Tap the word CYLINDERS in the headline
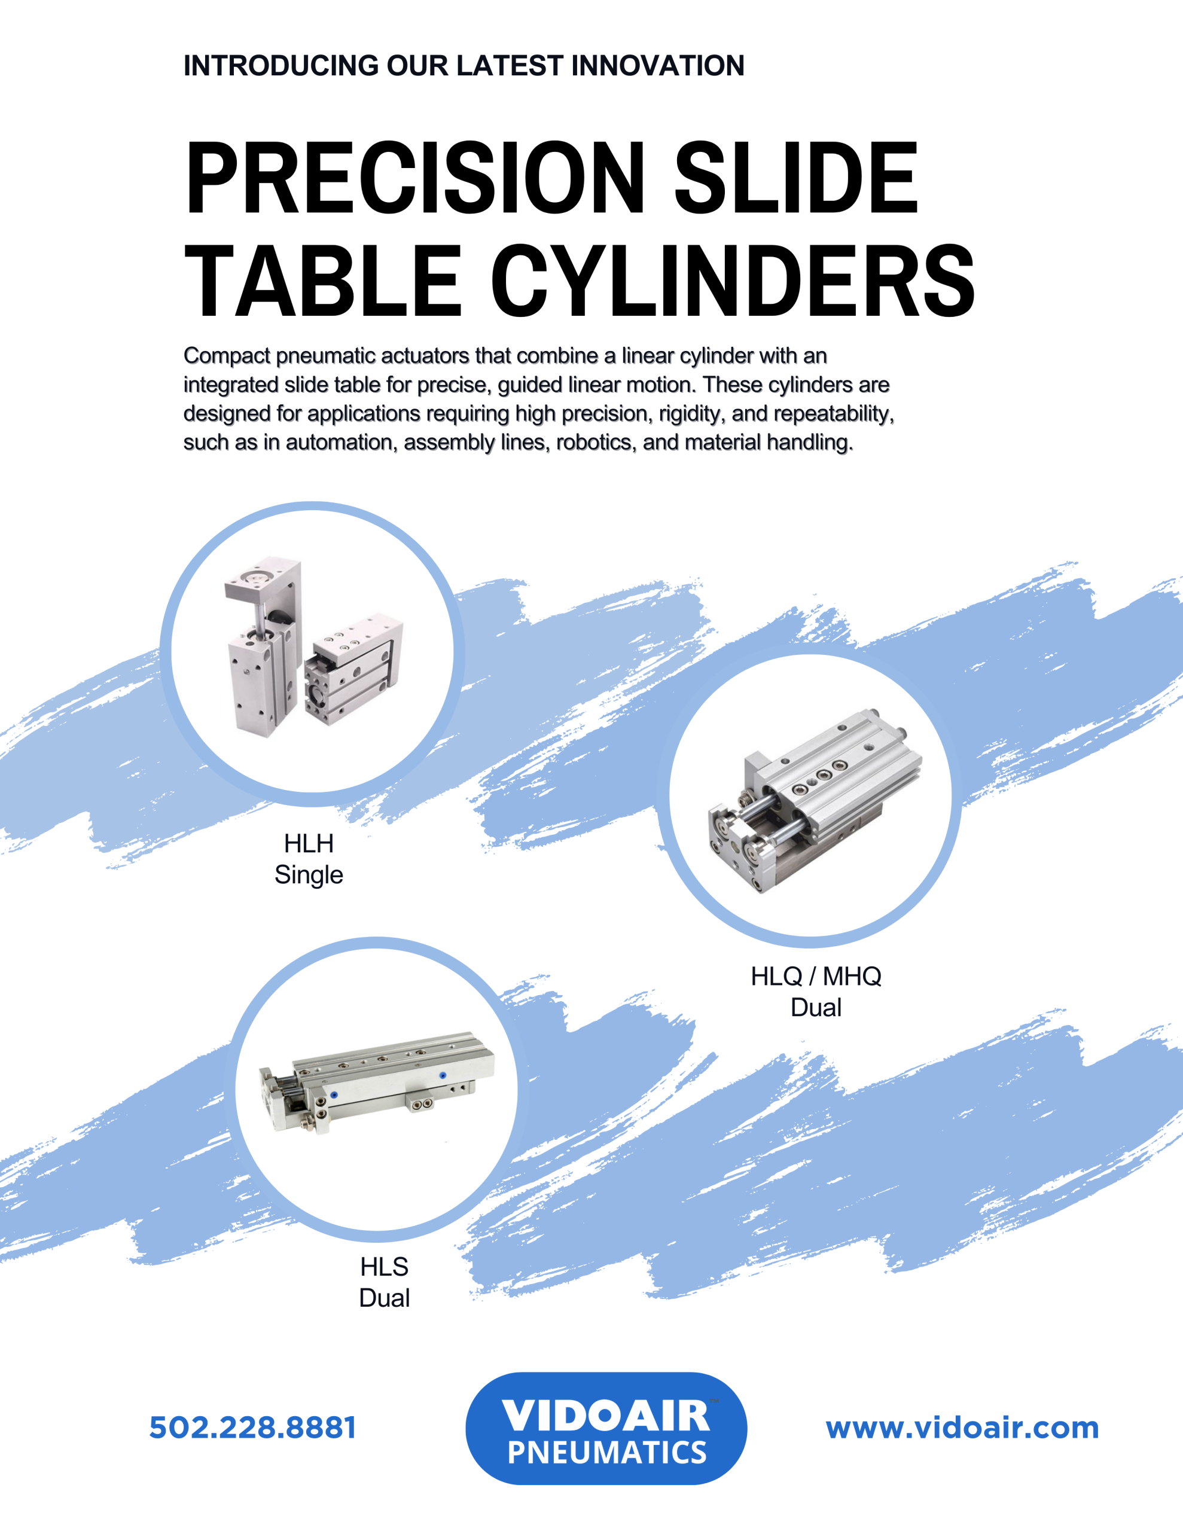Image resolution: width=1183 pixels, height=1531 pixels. coord(733,281)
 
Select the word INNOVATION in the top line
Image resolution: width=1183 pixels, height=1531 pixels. coord(658,65)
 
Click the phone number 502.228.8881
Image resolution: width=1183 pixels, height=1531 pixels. coord(252,1428)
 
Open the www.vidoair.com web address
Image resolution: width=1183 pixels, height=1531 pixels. coord(962,1428)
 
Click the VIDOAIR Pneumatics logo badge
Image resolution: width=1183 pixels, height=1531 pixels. coord(606,1428)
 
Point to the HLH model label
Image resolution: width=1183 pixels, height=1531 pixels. coord(309,843)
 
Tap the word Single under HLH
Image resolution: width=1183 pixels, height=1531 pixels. coord(309,875)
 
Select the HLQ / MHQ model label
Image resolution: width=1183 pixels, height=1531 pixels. coord(816,976)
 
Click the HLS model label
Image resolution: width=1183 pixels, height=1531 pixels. coord(385,1267)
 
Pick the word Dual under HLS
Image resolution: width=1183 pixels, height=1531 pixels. coord(385,1298)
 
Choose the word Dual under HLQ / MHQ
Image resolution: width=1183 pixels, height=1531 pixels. coord(816,1007)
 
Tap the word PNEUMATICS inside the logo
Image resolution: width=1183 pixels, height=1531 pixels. coord(606,1453)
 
